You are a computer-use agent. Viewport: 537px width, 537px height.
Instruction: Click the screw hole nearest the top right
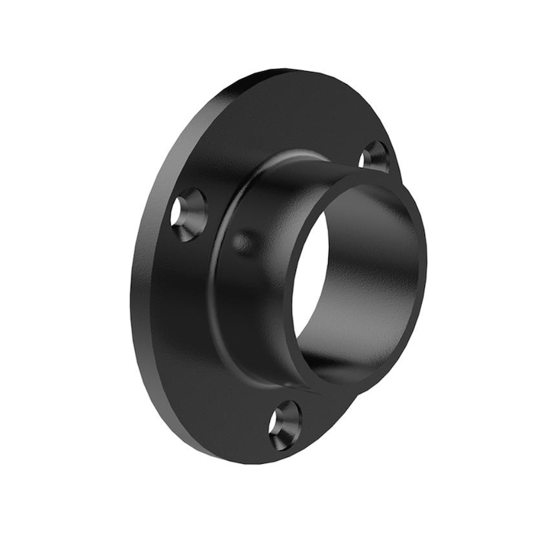click(x=376, y=156)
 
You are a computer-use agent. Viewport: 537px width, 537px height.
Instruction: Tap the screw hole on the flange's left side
click(x=188, y=213)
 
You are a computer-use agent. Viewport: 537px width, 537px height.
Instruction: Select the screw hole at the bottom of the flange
click(x=285, y=424)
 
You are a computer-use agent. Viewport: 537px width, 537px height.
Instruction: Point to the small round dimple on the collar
click(x=244, y=242)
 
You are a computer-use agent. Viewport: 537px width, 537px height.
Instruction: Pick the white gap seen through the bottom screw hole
click(x=276, y=422)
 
